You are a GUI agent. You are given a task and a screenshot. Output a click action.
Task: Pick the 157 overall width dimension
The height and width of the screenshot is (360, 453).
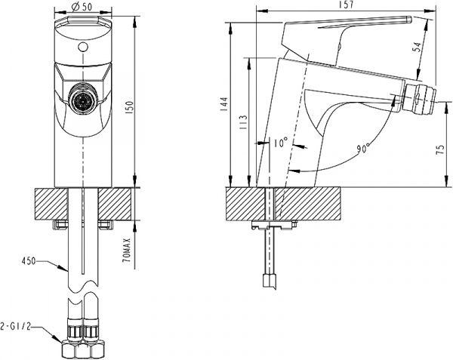[346, 5]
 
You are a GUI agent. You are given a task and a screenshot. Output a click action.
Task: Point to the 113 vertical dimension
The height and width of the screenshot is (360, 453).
[242, 122]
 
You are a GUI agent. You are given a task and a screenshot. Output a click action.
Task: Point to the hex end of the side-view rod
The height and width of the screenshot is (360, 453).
[268, 282]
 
